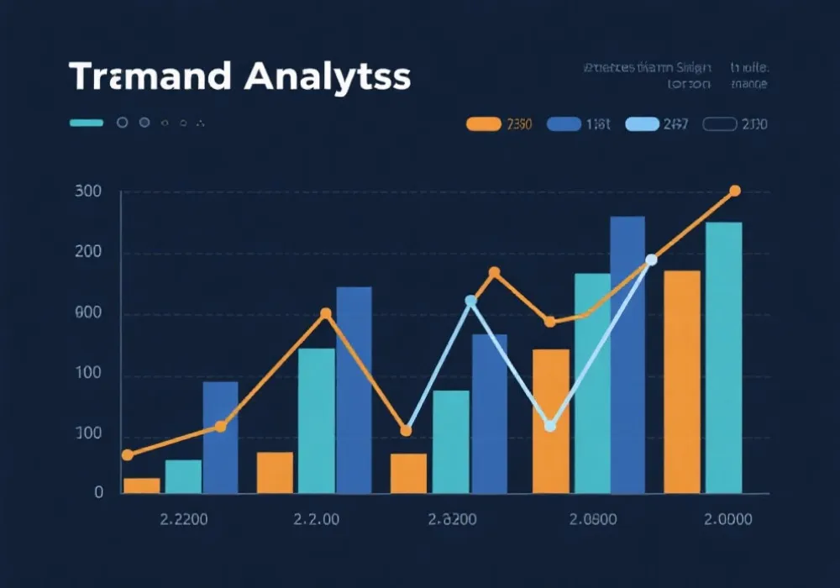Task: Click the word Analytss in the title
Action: [330, 76]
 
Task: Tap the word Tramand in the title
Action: [150, 76]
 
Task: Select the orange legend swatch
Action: [483, 124]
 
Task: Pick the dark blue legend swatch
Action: [564, 124]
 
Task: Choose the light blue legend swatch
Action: [643, 124]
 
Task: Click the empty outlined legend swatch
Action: [719, 124]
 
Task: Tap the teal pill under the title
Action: [87, 123]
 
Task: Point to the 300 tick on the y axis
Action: [88, 192]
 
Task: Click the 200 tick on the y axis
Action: [88, 253]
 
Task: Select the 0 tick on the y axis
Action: [99, 493]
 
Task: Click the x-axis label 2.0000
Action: [727, 520]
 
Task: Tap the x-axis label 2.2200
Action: [183, 520]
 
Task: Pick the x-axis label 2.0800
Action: [593, 520]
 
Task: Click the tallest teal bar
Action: [723, 357]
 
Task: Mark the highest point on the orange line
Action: [735, 192]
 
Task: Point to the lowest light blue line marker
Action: [550, 426]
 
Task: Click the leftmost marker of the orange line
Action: [128, 454]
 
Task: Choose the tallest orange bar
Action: [681, 381]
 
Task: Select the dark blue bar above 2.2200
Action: [220, 437]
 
